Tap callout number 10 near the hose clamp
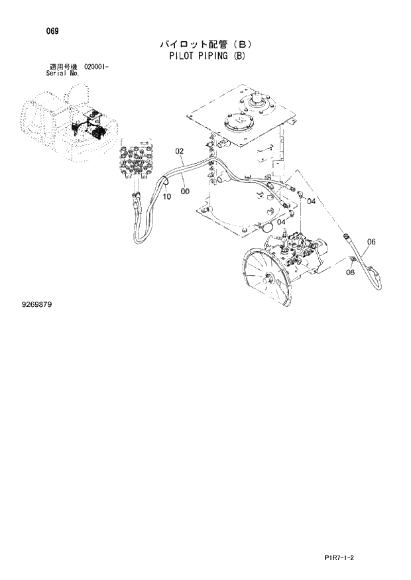click(166, 196)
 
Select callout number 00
click(184, 192)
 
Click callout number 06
click(371, 242)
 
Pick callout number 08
click(351, 272)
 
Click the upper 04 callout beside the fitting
click(311, 201)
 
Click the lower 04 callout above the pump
click(281, 222)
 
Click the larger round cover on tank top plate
click(237, 126)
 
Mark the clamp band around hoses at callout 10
click(166, 180)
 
